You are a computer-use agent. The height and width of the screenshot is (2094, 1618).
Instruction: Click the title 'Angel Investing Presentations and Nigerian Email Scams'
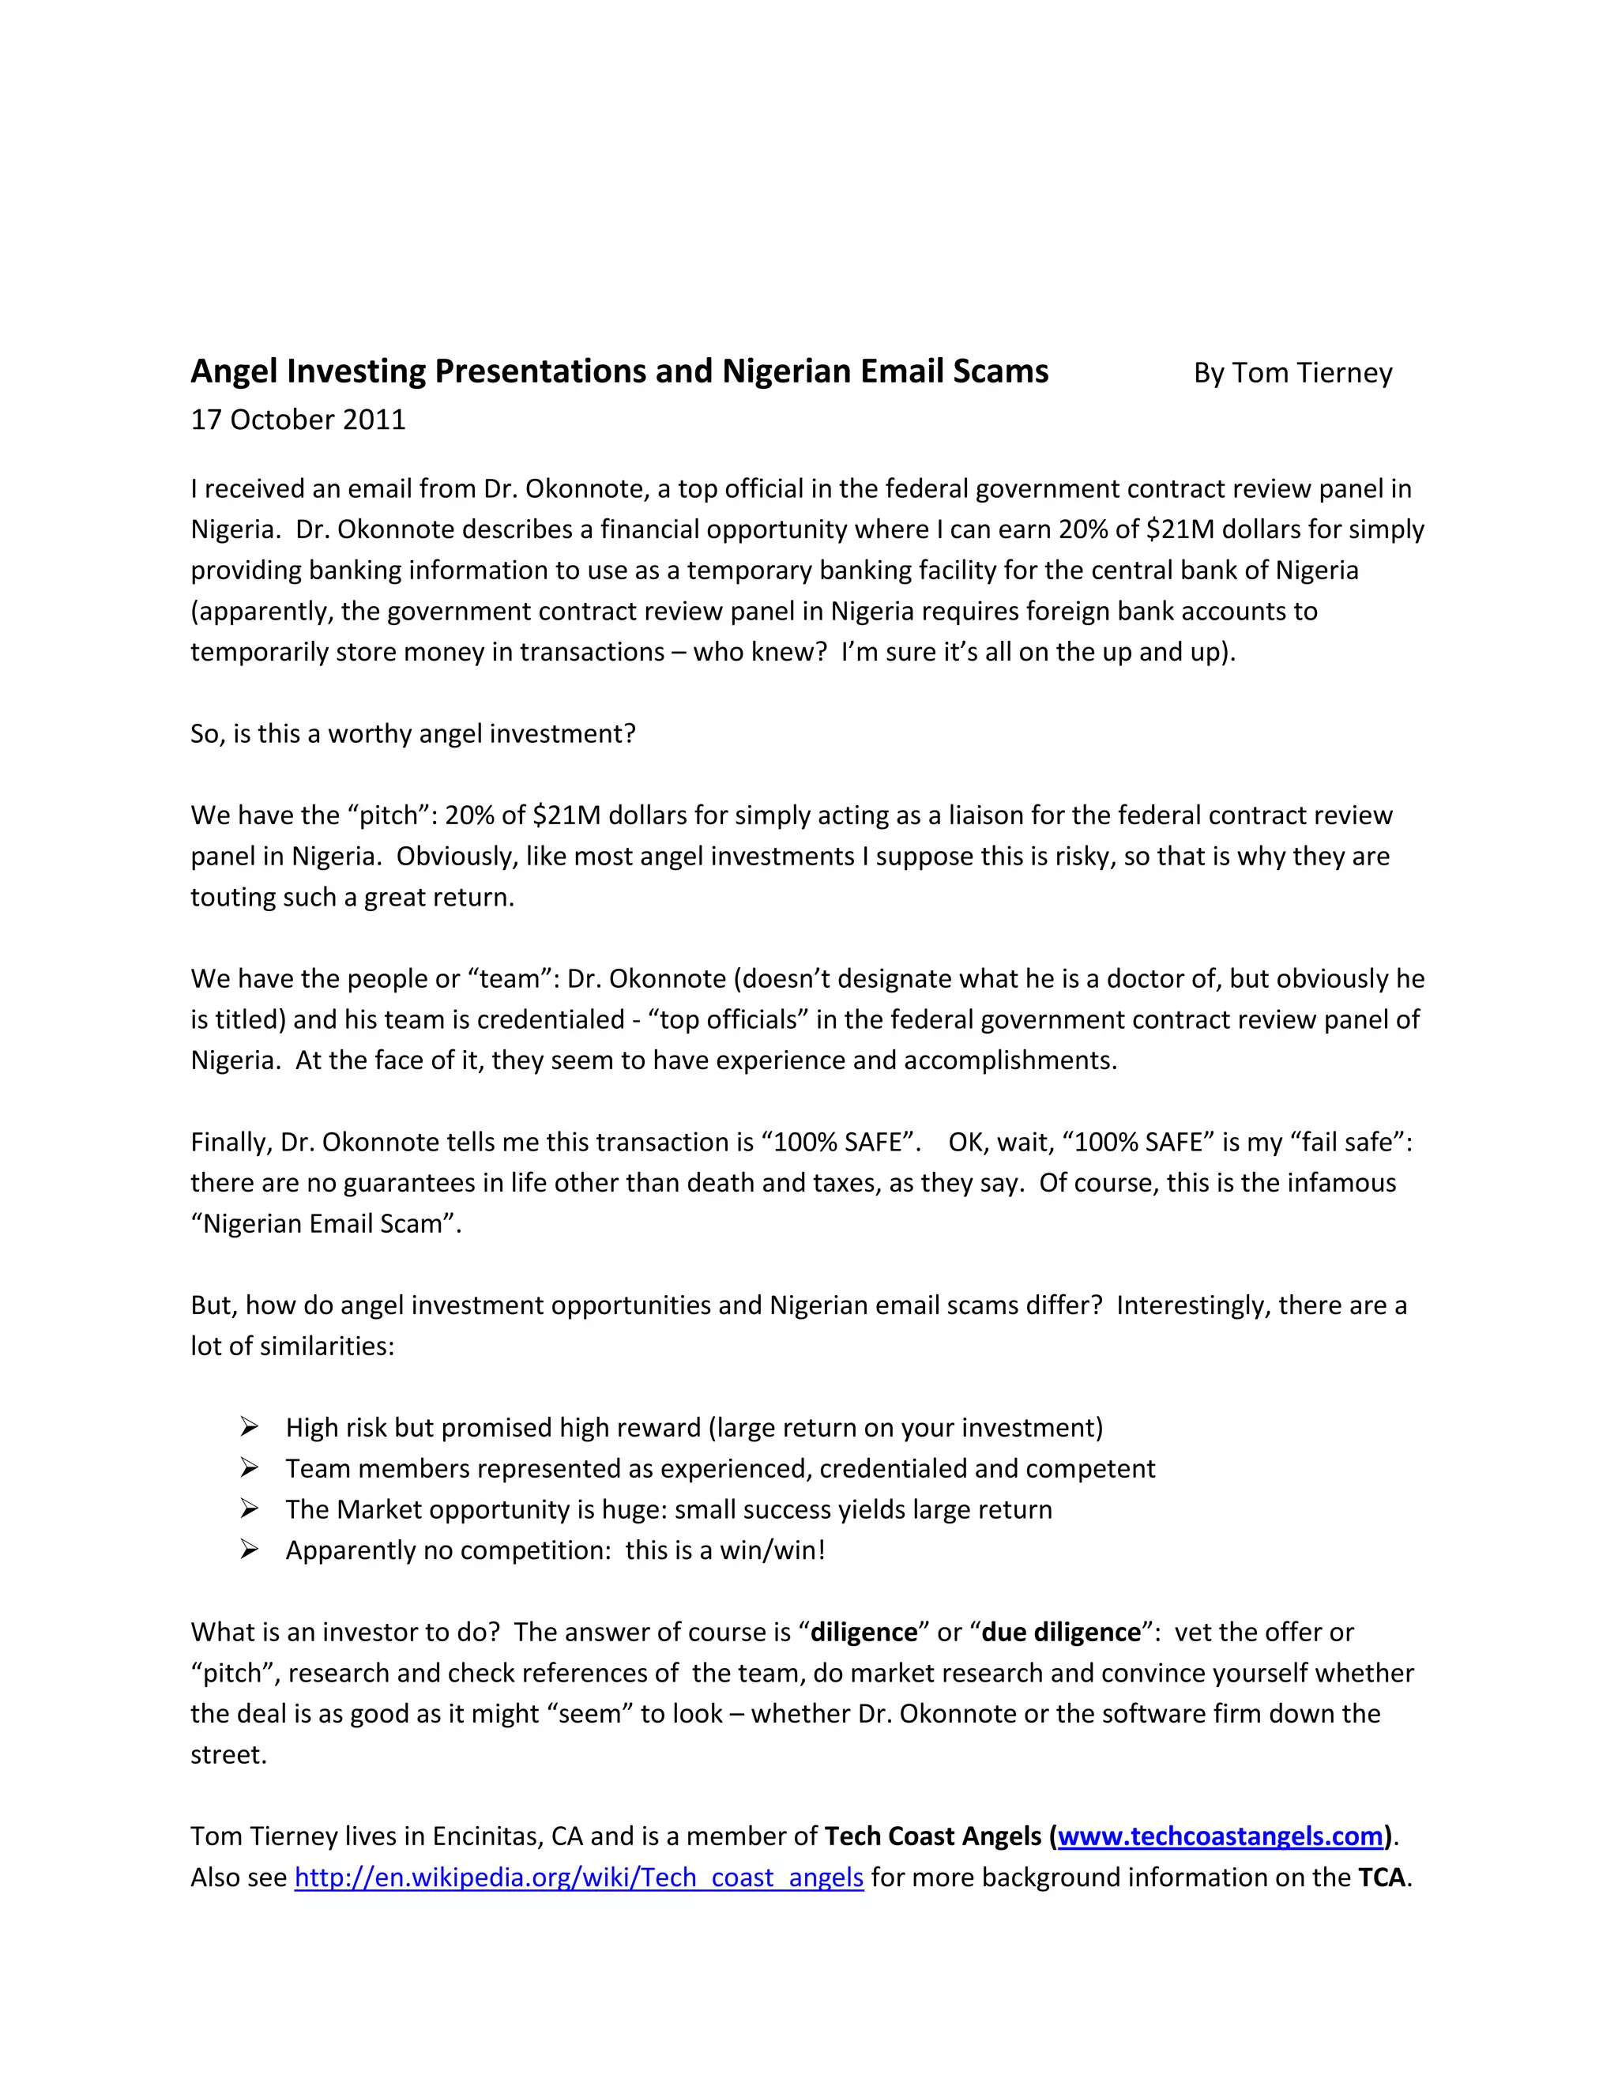pos(619,371)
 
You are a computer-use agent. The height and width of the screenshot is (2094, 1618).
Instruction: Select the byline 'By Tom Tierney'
pos(1292,373)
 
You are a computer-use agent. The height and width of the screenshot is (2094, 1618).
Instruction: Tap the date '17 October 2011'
pos(298,420)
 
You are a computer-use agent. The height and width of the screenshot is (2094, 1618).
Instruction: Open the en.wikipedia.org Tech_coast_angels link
pos(579,1877)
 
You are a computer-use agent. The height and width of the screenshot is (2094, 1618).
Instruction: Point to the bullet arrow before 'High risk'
pos(249,1428)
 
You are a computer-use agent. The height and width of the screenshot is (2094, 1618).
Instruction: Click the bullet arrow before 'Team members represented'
pos(249,1468)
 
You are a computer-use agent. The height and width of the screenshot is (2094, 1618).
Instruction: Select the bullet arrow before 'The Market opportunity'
pos(249,1509)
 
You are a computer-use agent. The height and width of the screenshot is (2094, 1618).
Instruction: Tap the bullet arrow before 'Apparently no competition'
pos(249,1550)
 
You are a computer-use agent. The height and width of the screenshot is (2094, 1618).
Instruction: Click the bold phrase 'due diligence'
pos(1061,1632)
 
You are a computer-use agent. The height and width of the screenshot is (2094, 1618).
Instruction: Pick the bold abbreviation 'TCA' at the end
pos(1381,1877)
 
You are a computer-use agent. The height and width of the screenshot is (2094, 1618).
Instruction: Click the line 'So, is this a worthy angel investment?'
pos(413,733)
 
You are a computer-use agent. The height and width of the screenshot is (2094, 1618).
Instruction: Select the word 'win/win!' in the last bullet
pos(773,1550)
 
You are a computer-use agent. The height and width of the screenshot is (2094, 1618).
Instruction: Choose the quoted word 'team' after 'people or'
pos(506,979)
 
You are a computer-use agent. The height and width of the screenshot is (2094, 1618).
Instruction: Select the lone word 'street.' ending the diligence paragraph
pos(228,1754)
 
